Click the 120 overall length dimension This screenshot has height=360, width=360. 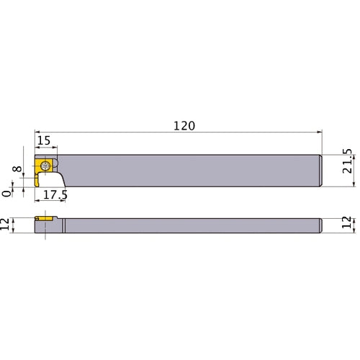[x=185, y=125]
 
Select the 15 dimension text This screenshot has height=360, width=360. [x=44, y=140]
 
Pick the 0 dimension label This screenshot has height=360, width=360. [x=8, y=192]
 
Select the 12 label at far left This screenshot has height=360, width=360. [x=8, y=225]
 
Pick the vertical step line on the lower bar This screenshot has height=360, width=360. [x=63, y=225]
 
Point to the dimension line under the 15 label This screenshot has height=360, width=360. [x=45, y=149]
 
